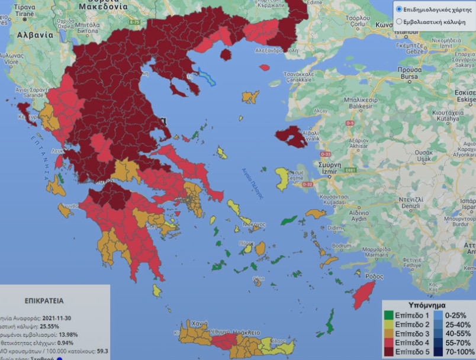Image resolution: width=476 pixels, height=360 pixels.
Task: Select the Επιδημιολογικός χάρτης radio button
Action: (x=399, y=9)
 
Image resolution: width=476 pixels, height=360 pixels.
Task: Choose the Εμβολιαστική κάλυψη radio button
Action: (x=399, y=21)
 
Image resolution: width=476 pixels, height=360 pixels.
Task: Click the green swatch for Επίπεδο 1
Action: (x=389, y=314)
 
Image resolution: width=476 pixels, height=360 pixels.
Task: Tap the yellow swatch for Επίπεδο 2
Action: (x=389, y=324)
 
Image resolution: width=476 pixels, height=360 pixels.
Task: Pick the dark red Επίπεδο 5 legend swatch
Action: (x=389, y=353)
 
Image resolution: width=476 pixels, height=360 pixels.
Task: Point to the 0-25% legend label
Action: (x=456, y=314)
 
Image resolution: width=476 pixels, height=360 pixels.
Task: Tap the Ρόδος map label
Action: (x=374, y=277)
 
